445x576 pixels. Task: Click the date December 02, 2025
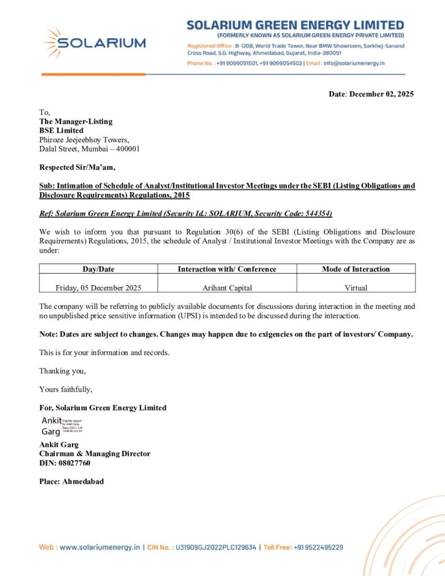pyautogui.click(x=381, y=94)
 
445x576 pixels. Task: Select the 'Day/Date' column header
pyautogui.click(x=98, y=269)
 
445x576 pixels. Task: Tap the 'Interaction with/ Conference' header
pyautogui.click(x=227, y=269)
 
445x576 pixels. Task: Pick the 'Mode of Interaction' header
pyautogui.click(x=356, y=269)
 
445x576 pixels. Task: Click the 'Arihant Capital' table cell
pyautogui.click(x=227, y=287)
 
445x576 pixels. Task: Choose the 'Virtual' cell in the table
pyautogui.click(x=356, y=287)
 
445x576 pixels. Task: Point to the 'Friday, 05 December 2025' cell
pyautogui.click(x=98, y=287)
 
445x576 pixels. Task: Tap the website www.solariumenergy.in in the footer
pyautogui.click(x=99, y=547)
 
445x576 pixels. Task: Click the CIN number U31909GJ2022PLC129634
pyautogui.click(x=216, y=547)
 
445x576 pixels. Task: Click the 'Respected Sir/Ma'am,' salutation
pyautogui.click(x=77, y=167)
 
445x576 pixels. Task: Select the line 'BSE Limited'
pyautogui.click(x=61, y=130)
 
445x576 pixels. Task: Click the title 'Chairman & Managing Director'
pyautogui.click(x=95, y=453)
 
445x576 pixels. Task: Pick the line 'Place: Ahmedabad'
pyautogui.click(x=71, y=481)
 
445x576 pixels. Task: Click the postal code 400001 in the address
pyautogui.click(x=128, y=149)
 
